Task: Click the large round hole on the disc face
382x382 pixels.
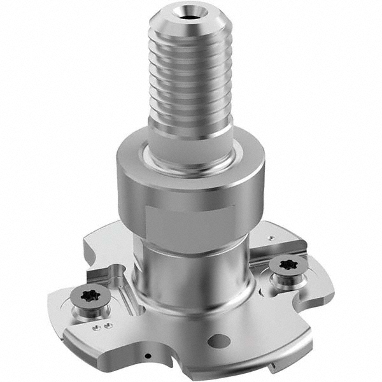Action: coord(218,341)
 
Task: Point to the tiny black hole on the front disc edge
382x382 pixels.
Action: coord(148,356)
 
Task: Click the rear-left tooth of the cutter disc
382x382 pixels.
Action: coord(102,242)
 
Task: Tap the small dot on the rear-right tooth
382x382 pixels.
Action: coord(272,237)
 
